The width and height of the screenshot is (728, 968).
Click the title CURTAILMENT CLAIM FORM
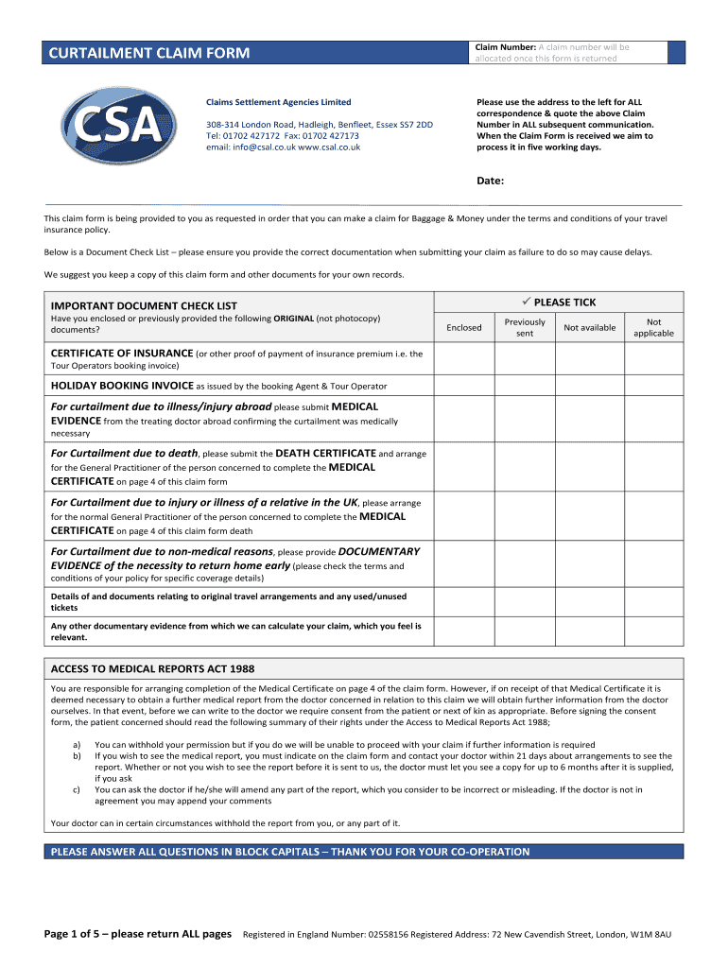click(x=149, y=53)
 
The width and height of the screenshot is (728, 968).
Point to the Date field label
click(x=490, y=181)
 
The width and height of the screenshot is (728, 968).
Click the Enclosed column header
click(x=463, y=328)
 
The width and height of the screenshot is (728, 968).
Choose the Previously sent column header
click(x=525, y=328)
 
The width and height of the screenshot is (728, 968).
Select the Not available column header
click(x=589, y=328)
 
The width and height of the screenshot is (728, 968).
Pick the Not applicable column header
click(x=653, y=328)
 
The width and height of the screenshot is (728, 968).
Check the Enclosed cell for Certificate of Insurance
click(x=463, y=359)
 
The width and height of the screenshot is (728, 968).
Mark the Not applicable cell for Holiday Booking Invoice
click(x=653, y=386)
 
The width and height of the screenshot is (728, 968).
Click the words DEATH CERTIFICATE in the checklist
click(x=325, y=454)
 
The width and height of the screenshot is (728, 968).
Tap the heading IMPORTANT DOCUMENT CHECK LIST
click(x=144, y=305)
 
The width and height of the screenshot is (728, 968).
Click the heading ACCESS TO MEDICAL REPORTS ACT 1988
click(x=152, y=668)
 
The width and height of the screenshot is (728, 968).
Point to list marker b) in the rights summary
click(x=77, y=756)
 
